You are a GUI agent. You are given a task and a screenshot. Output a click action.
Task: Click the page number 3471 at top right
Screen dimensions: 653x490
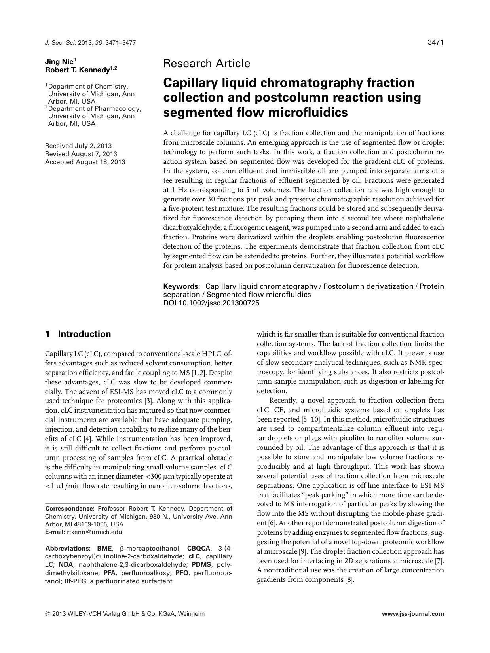436,42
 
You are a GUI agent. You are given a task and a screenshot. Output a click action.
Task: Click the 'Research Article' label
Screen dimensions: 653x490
206,63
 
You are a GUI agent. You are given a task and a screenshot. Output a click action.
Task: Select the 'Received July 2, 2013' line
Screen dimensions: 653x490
78,146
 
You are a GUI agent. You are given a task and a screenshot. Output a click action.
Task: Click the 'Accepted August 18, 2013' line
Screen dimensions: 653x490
85,162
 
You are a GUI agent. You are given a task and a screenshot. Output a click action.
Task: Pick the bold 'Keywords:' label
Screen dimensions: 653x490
182,286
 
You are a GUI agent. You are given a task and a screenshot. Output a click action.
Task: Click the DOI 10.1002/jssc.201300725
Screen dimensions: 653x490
211,303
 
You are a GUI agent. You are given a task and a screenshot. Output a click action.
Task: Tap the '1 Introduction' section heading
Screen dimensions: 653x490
78,334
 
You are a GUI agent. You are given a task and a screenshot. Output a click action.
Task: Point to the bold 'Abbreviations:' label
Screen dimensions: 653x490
68,549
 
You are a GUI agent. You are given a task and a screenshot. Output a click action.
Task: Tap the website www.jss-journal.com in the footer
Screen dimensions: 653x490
413,614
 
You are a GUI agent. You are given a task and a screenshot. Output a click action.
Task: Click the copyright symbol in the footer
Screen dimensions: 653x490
47,614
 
